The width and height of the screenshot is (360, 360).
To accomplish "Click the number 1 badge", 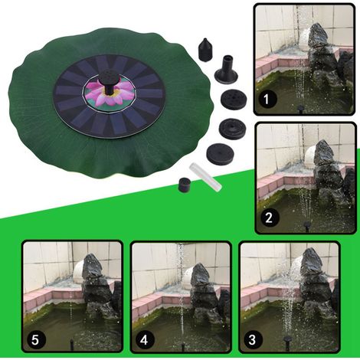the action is [266, 100].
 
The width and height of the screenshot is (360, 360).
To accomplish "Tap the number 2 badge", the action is [269, 218].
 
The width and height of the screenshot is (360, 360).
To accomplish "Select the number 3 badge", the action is [253, 339].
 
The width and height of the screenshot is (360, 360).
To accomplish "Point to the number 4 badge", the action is [144, 339].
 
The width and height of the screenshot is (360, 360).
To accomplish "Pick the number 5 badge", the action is [35, 339].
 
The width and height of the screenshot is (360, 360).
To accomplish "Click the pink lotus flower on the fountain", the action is [105, 93].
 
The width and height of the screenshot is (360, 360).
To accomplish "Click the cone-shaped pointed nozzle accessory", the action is [205, 50].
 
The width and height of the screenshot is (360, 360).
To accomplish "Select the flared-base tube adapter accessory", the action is [226, 68].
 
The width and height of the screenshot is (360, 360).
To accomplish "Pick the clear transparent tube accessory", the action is [205, 178].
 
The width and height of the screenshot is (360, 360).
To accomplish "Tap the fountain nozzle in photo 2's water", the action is [306, 226].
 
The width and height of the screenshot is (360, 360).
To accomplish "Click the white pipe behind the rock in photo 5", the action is [79, 273].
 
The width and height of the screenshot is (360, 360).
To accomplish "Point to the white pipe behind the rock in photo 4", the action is [188, 277].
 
